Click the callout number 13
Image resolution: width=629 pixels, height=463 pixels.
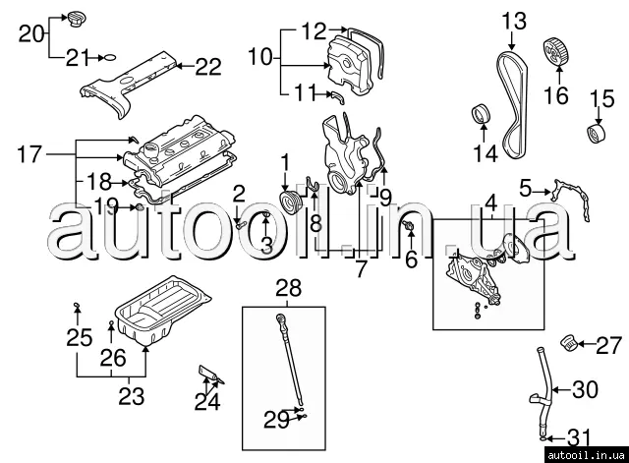click(x=515, y=20)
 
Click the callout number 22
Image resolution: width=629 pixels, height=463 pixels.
click(x=208, y=67)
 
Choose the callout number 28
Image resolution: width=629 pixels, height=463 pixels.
click(x=289, y=287)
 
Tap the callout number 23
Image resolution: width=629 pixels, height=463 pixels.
click(x=131, y=396)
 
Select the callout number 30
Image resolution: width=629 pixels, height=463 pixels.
click(x=585, y=390)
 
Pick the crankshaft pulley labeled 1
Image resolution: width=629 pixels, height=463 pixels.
click(x=289, y=203)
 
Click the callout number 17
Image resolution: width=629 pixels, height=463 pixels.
click(x=30, y=153)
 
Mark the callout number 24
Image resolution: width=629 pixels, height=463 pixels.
click(x=206, y=401)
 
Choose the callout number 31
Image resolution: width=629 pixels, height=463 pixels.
click(x=580, y=437)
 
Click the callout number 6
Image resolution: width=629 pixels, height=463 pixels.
click(x=412, y=260)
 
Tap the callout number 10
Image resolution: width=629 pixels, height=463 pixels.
click(x=259, y=57)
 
